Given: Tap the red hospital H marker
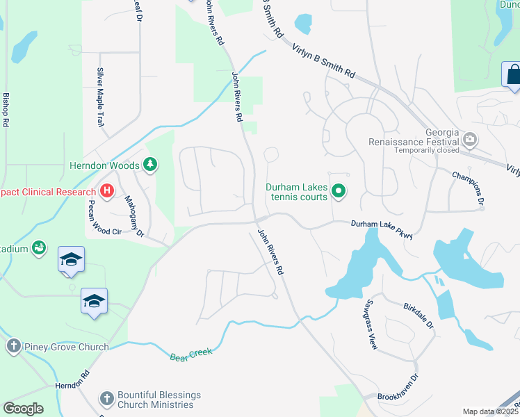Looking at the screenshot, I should coord(107,191).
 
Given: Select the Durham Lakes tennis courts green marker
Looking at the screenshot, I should coord(339,190).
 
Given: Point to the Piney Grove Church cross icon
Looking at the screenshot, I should coord(13,346).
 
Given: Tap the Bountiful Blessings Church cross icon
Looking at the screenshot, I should coord(106,399).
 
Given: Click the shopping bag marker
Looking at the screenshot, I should coord(512,75).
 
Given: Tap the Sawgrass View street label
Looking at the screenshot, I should coord(368,325).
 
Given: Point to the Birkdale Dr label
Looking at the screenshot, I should coord(418,315).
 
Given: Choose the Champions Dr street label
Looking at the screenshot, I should coord(468,187).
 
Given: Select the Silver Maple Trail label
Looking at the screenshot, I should coord(100,97).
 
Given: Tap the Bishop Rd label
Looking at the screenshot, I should coord(6,109).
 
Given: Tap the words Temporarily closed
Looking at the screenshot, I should coord(427,150).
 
